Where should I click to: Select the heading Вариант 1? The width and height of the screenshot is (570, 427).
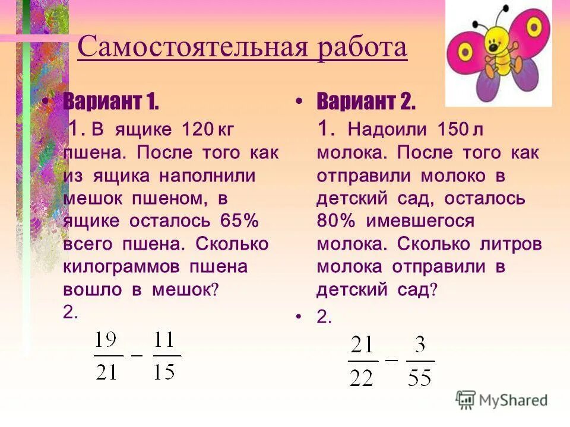tap(110, 102)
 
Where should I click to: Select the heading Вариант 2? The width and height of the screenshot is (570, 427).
tap(366, 102)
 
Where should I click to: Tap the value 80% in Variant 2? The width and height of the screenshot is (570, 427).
tap(335, 221)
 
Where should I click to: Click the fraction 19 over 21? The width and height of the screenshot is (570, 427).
tap(107, 356)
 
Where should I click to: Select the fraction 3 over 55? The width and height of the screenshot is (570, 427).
tap(420, 361)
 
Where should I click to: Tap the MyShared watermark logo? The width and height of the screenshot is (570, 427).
tap(502, 400)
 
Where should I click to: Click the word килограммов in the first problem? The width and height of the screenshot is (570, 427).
tap(121, 267)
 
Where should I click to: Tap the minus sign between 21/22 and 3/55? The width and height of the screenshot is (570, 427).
tap(392, 359)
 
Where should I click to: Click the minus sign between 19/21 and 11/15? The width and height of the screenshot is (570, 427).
tap(137, 355)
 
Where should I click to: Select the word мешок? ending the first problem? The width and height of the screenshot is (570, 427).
tap(185, 290)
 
